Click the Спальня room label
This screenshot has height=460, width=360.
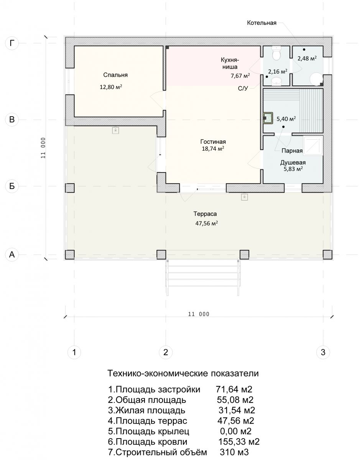tap(115, 75)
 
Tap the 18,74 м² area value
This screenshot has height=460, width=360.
tap(213, 148)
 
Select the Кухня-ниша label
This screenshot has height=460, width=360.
tap(230, 63)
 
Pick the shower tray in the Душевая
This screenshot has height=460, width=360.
tap(313, 146)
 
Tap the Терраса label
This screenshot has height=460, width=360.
tap(205, 214)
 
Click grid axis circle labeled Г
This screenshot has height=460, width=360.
tap(12, 43)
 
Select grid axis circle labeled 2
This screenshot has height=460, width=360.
tap(166, 352)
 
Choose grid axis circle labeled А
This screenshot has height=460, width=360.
tap(12, 255)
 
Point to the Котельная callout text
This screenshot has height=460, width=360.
tap(261, 23)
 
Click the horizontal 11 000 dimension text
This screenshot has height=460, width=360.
tap(199, 314)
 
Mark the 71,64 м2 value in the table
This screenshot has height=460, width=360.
tap(234, 389)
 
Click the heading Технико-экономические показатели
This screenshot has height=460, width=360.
tap(183, 373)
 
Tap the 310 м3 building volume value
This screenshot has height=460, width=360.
tap(234, 452)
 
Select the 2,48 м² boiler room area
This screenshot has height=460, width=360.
tap(307, 58)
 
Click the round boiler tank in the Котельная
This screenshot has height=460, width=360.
tap(317, 79)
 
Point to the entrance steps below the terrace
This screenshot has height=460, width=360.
tap(203, 277)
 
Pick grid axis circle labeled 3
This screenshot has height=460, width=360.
tap(323, 352)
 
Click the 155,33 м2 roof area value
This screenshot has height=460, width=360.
tap(239, 442)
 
